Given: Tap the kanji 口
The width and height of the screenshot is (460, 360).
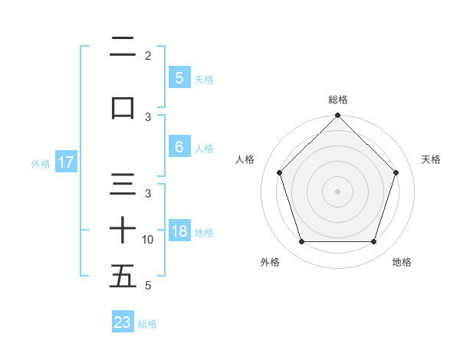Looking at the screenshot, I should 123,107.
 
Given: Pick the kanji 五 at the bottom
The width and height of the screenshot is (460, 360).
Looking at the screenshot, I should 123,276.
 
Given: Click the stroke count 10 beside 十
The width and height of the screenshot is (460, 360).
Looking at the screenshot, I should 149,240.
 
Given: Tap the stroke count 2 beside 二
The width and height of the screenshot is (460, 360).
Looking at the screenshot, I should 148,56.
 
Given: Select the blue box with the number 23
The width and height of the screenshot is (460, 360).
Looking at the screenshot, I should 123,322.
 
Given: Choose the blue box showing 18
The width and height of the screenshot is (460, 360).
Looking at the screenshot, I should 179,232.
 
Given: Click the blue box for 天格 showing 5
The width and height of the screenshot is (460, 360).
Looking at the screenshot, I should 179,77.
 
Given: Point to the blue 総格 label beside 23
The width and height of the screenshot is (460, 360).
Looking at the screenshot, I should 147,324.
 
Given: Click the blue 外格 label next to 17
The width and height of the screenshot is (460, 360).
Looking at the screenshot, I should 40,163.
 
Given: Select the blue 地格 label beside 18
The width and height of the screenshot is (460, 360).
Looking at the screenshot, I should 205,233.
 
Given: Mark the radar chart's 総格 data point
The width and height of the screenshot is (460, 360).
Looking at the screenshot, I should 337,116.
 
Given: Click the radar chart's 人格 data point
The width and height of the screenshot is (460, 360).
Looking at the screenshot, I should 279,172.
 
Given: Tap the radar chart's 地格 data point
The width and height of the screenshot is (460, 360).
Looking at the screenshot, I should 374,242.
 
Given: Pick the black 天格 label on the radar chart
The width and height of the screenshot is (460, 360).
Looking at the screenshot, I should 431,159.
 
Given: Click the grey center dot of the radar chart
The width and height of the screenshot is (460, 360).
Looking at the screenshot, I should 337,191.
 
